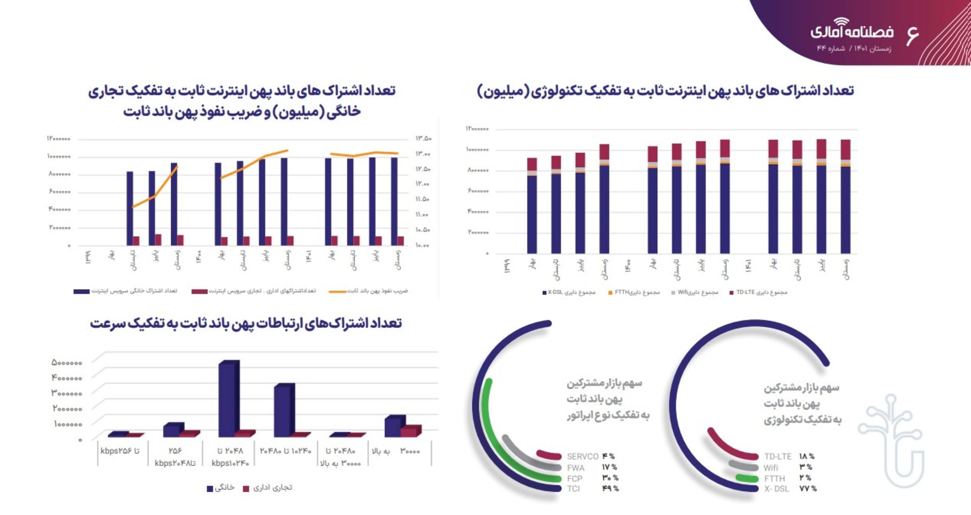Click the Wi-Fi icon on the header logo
tap(842, 22)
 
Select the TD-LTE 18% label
tap(789, 456)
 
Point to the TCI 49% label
tap(592, 489)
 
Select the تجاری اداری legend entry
tap(268, 488)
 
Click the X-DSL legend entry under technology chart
tap(569, 293)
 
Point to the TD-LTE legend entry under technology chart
tap(758, 293)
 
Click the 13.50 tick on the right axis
tap(423, 138)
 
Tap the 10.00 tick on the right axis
tap(422, 245)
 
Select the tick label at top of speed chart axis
tap(67, 363)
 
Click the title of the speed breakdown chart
tap(246, 323)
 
